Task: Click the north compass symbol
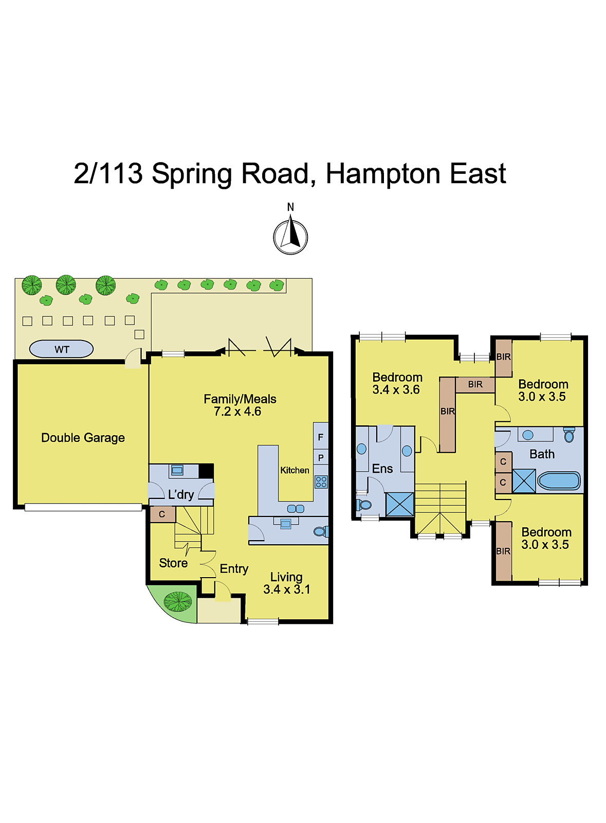(290, 237)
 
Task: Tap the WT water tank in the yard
(61, 349)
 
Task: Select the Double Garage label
(83, 438)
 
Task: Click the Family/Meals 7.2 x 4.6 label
(240, 405)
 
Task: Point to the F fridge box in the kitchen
(321, 437)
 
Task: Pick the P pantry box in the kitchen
(321, 457)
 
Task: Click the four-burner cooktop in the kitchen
(321, 482)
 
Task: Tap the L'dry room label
(181, 495)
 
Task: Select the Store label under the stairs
(173, 563)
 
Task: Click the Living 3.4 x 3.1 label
(287, 583)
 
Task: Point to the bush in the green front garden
(177, 601)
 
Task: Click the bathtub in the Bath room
(559, 481)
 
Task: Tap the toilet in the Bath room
(569, 435)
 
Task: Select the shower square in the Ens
(400, 504)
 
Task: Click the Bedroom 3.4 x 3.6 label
(397, 384)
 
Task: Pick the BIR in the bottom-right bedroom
(504, 551)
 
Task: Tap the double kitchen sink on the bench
(296, 509)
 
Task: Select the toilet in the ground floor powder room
(320, 531)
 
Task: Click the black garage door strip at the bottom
(83, 507)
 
